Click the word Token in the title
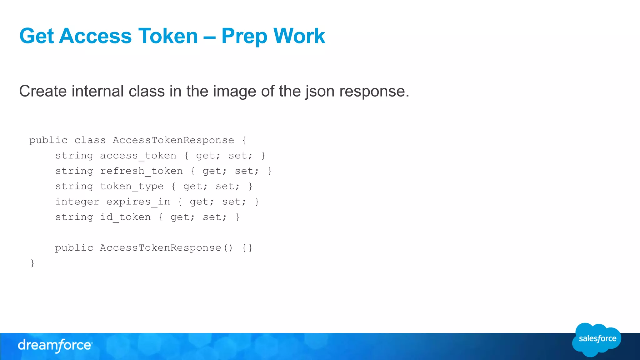tap(168, 36)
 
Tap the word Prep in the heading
tap(244, 37)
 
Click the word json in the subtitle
tap(320, 91)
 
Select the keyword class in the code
tap(90, 140)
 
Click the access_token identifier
tap(138, 156)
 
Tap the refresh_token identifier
tap(141, 171)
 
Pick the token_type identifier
tap(132, 186)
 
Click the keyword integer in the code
tap(77, 202)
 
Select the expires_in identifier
tap(138, 202)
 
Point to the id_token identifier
tap(125, 217)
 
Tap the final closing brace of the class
tap(32, 263)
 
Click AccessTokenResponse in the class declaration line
tap(173, 140)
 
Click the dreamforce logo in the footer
tap(55, 345)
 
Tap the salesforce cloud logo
tap(597, 339)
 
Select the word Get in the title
tap(37, 36)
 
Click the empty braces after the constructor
tap(247, 248)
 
